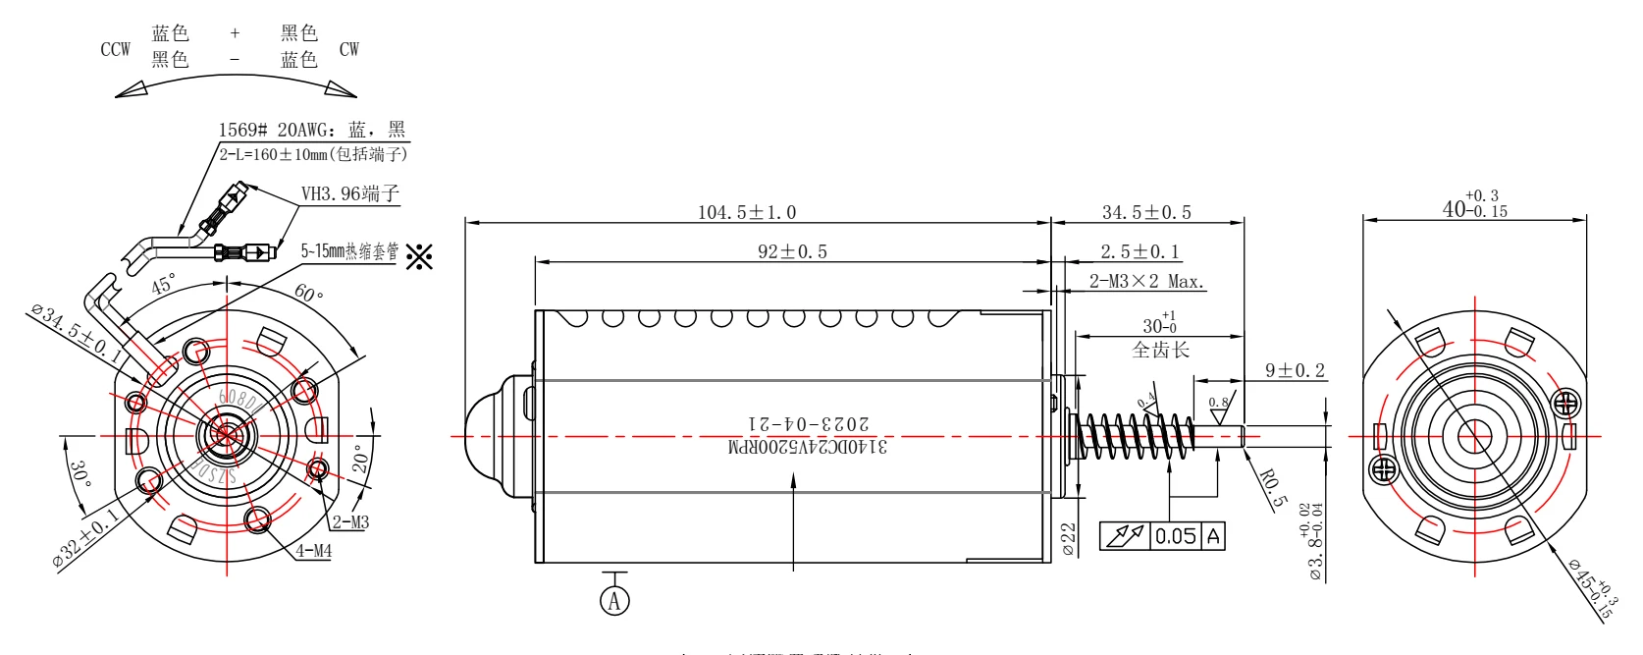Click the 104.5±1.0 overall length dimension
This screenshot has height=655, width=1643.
click(747, 212)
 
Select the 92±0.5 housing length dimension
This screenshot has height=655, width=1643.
click(792, 251)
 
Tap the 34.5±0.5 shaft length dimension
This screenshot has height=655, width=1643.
click(1146, 212)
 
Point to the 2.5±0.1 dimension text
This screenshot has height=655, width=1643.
click(1139, 251)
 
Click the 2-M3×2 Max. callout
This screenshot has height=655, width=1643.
click(1146, 282)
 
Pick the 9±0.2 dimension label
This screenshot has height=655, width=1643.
click(1295, 370)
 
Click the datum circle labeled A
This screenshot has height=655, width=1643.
click(614, 600)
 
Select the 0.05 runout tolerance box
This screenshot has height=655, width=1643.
click(1175, 536)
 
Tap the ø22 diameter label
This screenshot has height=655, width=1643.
click(1069, 539)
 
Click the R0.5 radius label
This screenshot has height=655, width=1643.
click(1273, 488)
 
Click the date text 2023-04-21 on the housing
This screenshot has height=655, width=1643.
click(809, 423)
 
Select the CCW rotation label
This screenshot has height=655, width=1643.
click(115, 49)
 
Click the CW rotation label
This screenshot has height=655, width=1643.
click(349, 49)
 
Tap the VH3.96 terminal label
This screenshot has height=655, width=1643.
click(349, 193)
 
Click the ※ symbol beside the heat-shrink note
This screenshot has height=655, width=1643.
click(419, 256)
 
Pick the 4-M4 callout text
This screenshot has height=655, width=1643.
click(314, 551)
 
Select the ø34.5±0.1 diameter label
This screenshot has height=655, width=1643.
click(77, 334)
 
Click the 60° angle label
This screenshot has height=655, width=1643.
click(308, 293)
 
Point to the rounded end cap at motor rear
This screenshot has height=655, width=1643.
click(497, 436)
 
